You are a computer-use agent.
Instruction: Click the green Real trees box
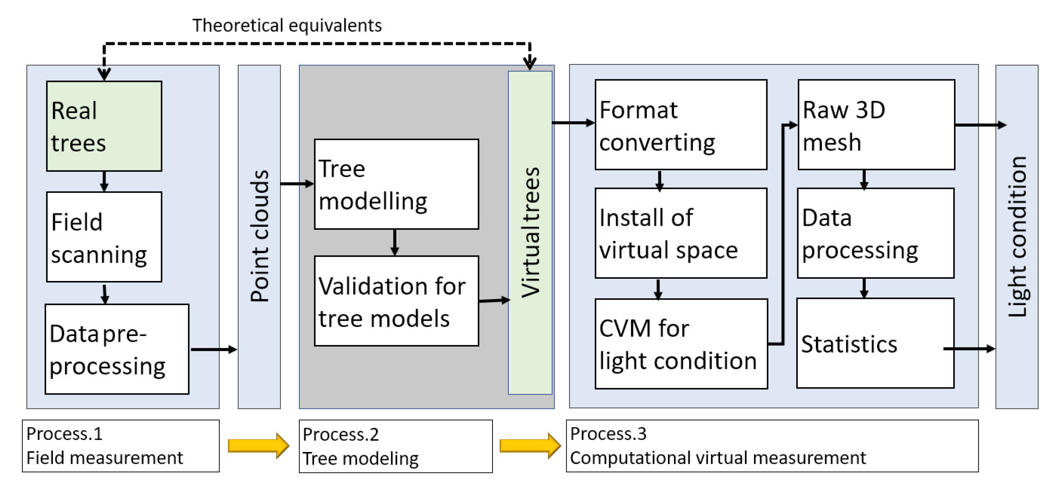pyautogui.click(x=104, y=126)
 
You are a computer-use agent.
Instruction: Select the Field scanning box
pyautogui.click(x=104, y=237)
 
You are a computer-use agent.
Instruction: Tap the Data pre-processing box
pyautogui.click(x=117, y=349)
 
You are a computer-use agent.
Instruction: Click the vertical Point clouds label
pyautogui.click(x=259, y=236)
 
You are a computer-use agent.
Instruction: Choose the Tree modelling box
pyautogui.click(x=396, y=184)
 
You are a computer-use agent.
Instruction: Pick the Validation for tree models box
pyautogui.click(x=396, y=301)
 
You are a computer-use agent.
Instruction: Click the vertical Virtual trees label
pyautogui.click(x=530, y=233)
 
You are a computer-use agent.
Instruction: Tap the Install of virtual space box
pyautogui.click(x=680, y=233)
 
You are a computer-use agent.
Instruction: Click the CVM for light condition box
pyautogui.click(x=680, y=344)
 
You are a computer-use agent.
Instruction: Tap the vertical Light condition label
pyautogui.click(x=1017, y=236)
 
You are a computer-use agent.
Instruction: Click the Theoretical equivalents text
pyautogui.click(x=287, y=25)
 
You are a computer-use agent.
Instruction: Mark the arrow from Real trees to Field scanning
pyautogui.click(x=104, y=181)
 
